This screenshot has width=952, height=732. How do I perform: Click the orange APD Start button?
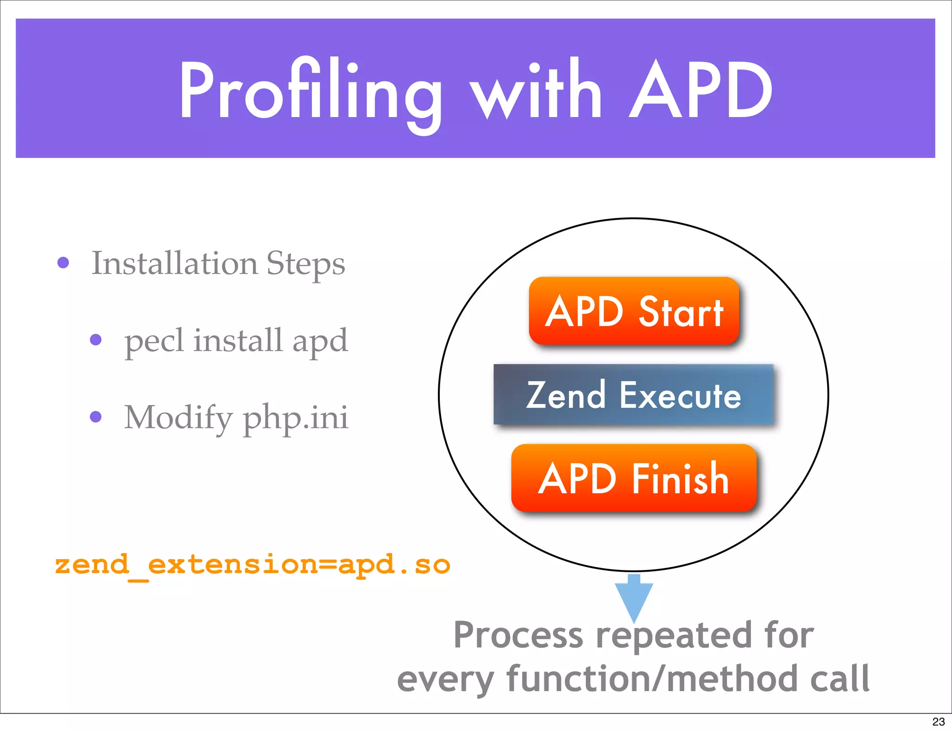pos(634,311)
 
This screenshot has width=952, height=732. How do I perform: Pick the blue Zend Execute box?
pos(634,395)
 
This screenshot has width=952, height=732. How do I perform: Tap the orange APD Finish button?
pos(634,478)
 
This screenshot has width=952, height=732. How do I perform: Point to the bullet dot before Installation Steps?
pos(63,263)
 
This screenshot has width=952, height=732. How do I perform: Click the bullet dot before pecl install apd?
pos(96,340)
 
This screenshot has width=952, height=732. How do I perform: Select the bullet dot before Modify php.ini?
pos(96,417)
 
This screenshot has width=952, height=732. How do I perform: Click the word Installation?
pos(174,263)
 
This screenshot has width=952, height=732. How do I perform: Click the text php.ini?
pos(295,418)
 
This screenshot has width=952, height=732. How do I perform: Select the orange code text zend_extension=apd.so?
pos(252,565)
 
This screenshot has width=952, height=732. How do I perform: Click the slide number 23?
pos(938,722)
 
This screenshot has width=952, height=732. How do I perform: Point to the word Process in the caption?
pos(518,635)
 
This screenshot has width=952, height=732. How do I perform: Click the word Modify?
pos(178,418)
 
